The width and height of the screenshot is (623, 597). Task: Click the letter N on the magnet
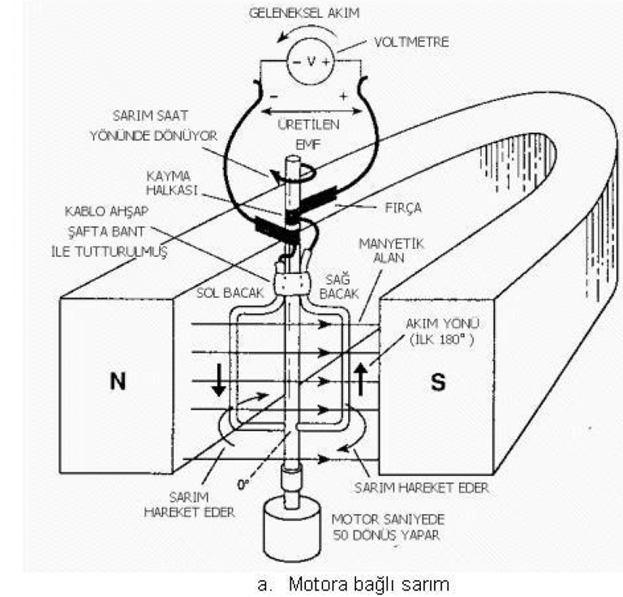coord(118,381)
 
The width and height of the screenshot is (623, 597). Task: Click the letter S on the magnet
coord(438,382)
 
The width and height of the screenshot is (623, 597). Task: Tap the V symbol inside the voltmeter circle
coord(311,61)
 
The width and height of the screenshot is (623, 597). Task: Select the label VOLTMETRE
coord(411,41)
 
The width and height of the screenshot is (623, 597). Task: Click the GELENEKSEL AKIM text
coord(304,13)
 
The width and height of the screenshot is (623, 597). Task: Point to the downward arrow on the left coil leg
coord(218,380)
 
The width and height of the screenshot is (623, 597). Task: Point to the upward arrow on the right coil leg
coord(361,380)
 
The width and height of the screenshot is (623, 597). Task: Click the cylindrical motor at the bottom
coord(292,528)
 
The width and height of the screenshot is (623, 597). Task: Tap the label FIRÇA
coord(403,208)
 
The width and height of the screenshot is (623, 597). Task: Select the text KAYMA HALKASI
coord(172,183)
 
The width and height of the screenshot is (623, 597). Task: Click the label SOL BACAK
coord(230,293)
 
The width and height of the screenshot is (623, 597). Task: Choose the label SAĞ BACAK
coord(339,286)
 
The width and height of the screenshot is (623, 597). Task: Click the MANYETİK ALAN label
coord(391,251)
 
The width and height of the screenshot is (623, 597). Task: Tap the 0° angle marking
coord(243,484)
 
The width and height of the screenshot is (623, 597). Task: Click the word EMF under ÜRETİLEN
coord(308,144)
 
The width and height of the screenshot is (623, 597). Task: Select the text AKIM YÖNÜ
coord(442,324)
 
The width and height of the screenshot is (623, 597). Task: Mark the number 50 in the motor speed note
coord(341,535)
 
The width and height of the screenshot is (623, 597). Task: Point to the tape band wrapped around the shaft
coord(292,283)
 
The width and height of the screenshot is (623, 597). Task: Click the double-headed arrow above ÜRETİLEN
coord(311,112)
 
